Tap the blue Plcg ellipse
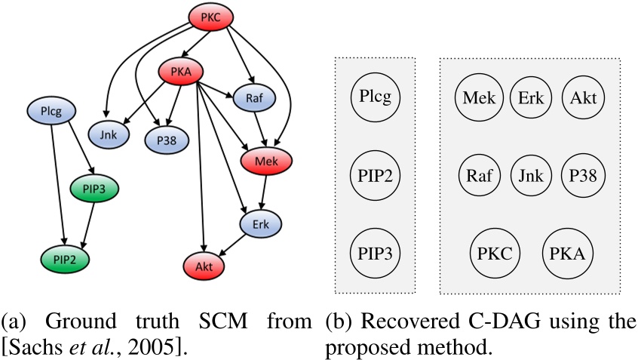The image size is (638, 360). click(54, 112)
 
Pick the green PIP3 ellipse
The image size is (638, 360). click(95, 187)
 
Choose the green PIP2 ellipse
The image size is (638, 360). click(66, 259)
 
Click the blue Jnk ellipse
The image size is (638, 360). click(109, 134)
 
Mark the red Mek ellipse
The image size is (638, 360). click(266, 161)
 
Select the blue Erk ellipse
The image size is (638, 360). click(259, 223)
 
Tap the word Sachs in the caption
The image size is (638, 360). click(38, 350)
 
